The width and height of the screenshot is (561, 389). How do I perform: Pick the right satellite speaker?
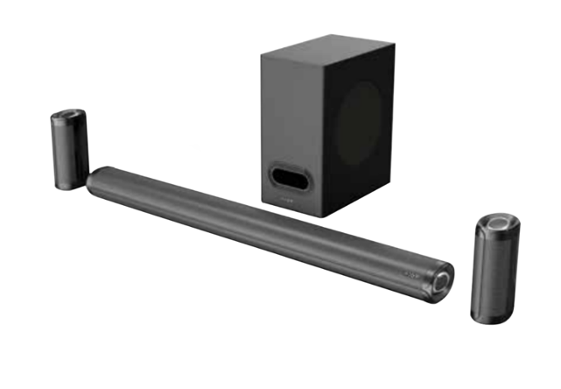tap(496, 270)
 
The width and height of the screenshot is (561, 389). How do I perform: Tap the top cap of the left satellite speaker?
tap(68, 117)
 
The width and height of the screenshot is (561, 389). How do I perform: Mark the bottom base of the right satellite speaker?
tap(490, 317)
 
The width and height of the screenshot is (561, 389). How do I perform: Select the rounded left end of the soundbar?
tap(94, 180)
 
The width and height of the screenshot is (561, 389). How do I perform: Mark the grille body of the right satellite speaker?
tap(494, 276)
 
